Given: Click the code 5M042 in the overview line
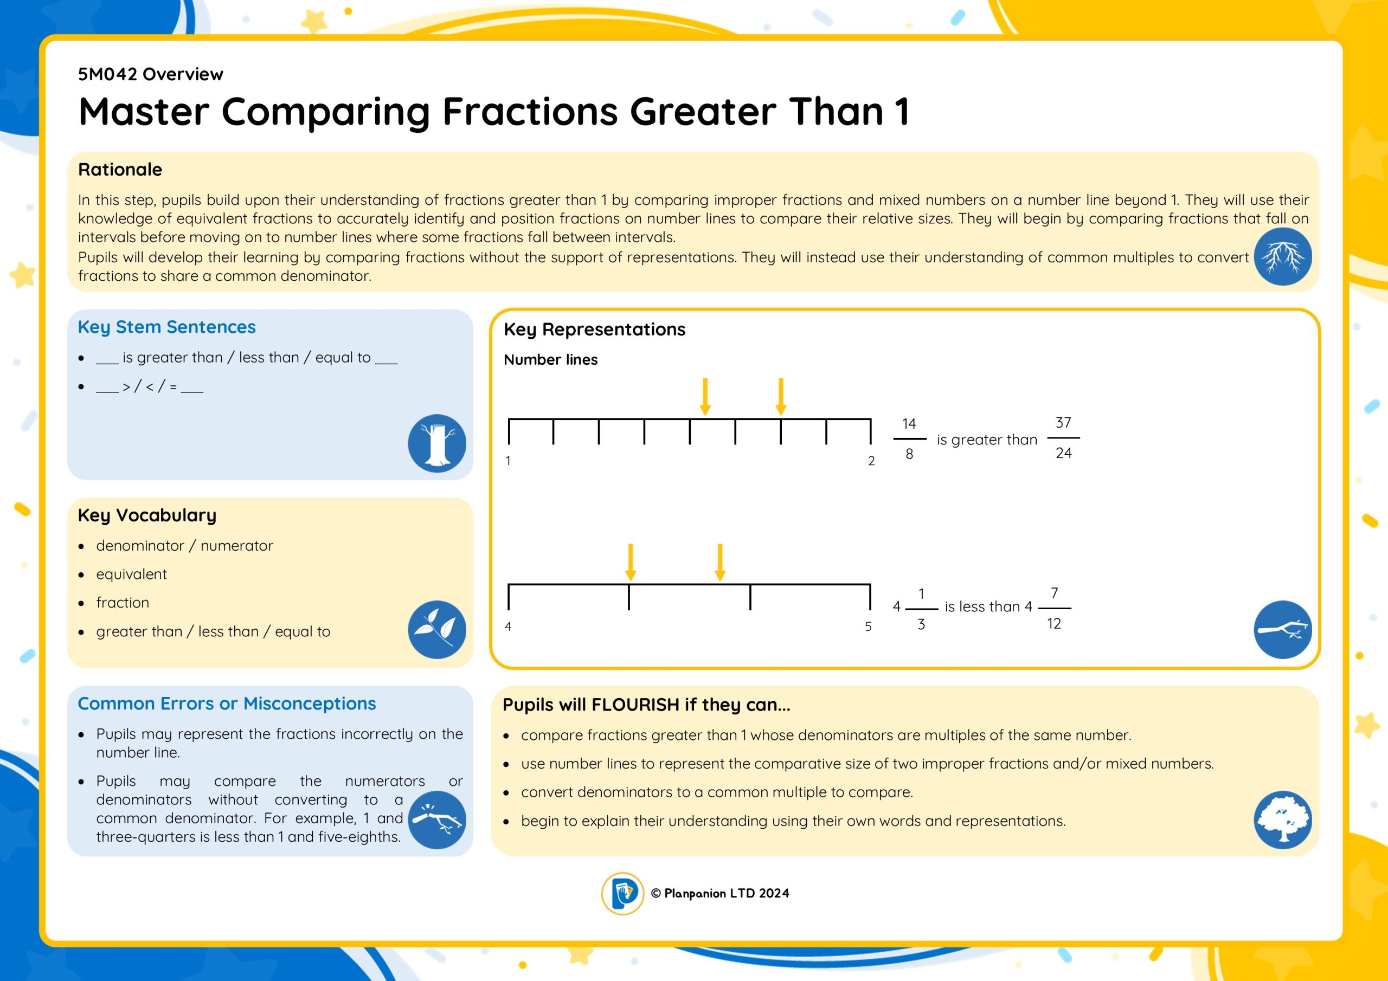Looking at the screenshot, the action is [x=108, y=74].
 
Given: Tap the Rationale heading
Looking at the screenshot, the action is [x=120, y=169].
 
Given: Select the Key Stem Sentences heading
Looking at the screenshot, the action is [x=166, y=327].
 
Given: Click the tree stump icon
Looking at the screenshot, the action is [x=436, y=443].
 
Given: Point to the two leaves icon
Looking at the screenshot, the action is [x=436, y=629].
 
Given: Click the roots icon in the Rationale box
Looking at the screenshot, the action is [x=1282, y=256].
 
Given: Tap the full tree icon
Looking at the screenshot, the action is [x=1282, y=819].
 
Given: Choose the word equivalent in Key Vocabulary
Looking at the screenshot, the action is [x=131, y=574].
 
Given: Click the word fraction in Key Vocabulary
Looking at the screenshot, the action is [x=122, y=603].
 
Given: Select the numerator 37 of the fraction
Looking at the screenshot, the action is [x=1063, y=423].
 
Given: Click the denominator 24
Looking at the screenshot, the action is [x=1063, y=453].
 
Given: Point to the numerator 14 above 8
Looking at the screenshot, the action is [x=909, y=424].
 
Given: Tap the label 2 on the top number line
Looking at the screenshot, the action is [x=871, y=461].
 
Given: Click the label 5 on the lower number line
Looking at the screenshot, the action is [x=868, y=626].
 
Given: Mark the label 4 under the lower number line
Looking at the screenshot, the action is [x=508, y=626].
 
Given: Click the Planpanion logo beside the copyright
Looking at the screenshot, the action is [x=622, y=893].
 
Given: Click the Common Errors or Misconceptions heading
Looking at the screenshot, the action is [x=227, y=704].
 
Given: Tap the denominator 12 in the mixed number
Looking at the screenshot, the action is [x=1053, y=623].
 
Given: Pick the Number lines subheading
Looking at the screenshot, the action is [x=550, y=360].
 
